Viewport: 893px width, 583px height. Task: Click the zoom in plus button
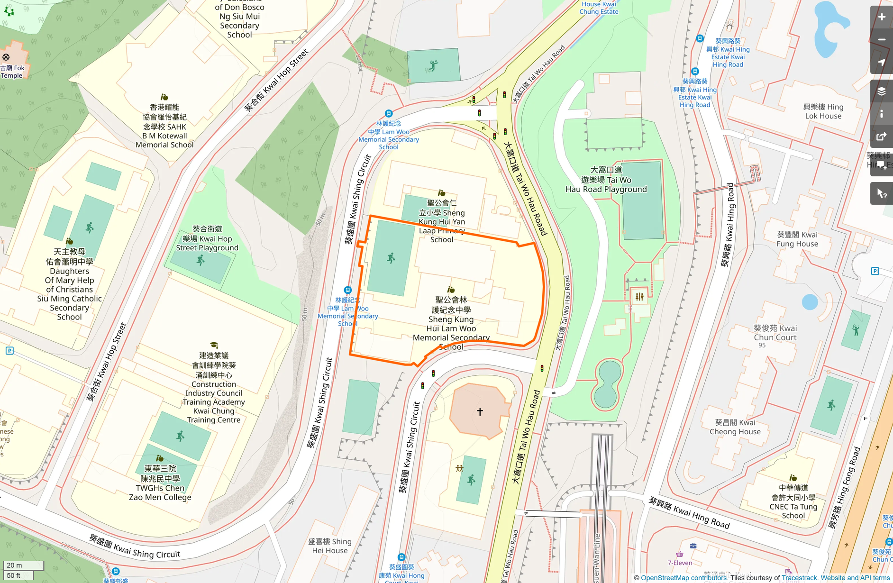pos(881,18)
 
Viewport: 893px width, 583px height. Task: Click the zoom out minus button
pos(881,40)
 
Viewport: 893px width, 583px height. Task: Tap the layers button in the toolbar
pos(881,91)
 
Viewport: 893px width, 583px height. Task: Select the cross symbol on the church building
pos(480,411)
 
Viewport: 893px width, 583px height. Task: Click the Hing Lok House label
pos(823,111)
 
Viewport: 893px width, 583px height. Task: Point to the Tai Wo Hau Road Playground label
pos(606,180)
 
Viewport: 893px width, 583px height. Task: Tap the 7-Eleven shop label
pos(680,563)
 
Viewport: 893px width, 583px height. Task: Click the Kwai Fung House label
pos(797,239)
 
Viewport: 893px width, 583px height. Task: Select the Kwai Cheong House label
pos(735,427)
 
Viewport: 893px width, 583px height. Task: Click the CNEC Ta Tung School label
pos(793,501)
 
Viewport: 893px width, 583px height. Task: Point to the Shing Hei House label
pos(329,546)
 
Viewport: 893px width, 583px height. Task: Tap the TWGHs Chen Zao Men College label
pos(160,483)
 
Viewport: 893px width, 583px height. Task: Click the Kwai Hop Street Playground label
pos(207,238)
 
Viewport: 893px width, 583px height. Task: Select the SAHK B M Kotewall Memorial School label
pos(164,126)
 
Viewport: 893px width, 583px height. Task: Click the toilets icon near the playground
pos(639,297)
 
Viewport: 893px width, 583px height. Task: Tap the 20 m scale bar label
pos(14,565)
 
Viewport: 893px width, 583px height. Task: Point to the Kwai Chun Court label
pos(775,333)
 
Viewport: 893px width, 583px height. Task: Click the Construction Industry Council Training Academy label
pos(214,388)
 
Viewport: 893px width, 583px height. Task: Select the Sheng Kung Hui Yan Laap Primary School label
pos(442,221)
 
